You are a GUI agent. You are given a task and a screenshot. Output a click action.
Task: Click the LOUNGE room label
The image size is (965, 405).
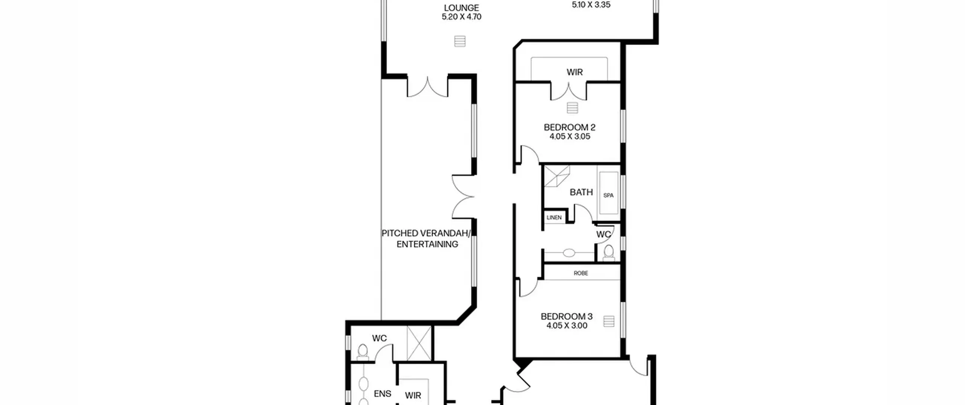coord(461,8)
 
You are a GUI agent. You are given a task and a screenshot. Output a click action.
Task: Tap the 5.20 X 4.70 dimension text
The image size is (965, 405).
coord(461,17)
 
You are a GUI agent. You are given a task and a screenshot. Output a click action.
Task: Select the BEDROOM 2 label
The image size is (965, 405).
coord(570,127)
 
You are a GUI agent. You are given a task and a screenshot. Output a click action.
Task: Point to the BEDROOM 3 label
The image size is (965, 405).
coord(567,316)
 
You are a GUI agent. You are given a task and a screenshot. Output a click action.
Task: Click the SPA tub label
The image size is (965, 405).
coord(608,196)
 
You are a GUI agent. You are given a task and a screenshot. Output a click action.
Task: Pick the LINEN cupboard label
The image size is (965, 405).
coord(554,217)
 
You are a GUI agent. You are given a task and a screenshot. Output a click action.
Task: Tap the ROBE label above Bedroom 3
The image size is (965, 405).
coord(581,273)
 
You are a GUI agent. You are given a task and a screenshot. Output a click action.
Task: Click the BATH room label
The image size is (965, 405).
coord(581,192)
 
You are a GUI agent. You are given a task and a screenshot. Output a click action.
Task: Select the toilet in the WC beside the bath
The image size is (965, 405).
coord(608,252)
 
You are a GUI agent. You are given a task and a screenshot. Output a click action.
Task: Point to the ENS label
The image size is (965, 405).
coord(382,394)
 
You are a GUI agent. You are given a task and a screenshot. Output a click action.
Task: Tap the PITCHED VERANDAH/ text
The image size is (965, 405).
coord(426,233)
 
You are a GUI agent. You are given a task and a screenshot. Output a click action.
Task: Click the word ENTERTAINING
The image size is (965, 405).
coord(427,244)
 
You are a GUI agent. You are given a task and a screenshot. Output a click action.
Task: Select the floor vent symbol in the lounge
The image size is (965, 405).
coord(460,41)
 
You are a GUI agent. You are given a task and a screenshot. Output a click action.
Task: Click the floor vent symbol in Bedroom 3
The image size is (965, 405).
coord(609,321)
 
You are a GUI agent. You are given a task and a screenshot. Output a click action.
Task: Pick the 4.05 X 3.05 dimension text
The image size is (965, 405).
coord(570,136)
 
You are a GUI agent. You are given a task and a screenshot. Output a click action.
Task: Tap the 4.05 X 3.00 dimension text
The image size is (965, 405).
coord(567,326)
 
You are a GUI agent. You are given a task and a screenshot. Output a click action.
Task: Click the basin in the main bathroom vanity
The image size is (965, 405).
coord(570,253)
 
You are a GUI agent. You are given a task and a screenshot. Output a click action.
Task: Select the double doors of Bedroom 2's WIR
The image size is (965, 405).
coord(568,92)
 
